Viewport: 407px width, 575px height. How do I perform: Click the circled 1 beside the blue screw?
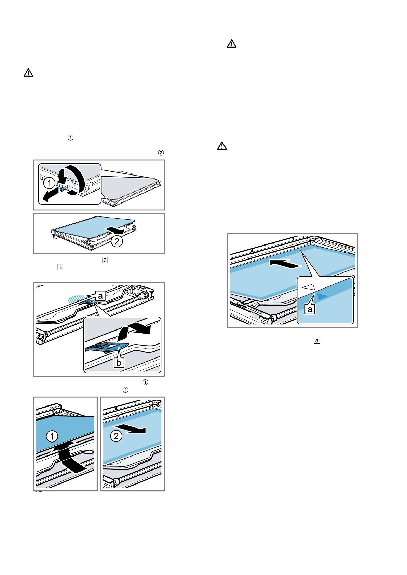[49, 183]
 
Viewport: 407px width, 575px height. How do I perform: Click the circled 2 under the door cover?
[117, 241]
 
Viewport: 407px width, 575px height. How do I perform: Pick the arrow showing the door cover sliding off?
[114, 229]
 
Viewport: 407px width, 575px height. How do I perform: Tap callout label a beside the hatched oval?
[100, 296]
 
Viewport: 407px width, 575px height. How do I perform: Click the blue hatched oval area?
[75, 299]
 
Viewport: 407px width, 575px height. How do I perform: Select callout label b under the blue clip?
[119, 363]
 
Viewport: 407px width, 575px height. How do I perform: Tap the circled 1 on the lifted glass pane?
[52, 436]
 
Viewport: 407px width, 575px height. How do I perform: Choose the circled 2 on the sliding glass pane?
[116, 436]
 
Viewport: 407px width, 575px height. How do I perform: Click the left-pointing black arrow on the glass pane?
[285, 264]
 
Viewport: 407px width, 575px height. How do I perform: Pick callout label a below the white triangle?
[310, 309]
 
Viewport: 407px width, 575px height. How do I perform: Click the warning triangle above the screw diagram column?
[28, 73]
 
